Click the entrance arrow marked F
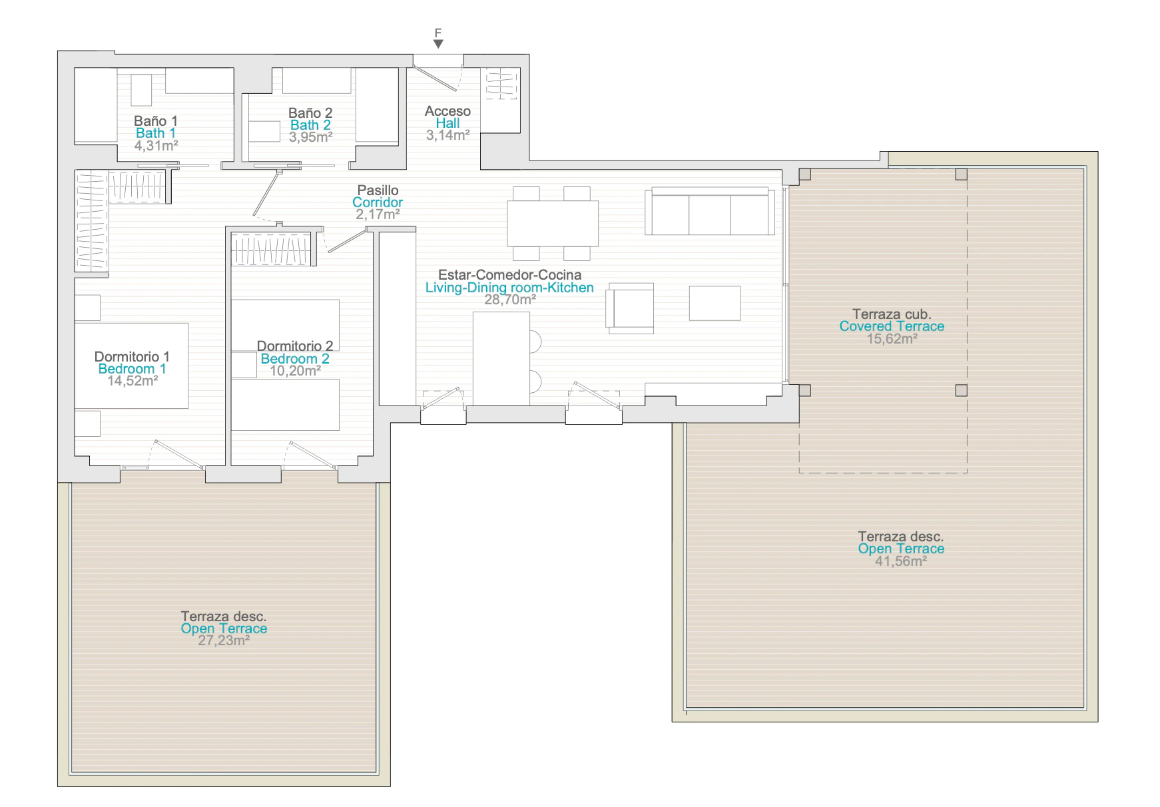click(x=438, y=44)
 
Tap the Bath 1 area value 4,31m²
click(x=156, y=145)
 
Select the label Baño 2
click(x=310, y=113)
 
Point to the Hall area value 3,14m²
click(x=448, y=134)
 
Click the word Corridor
click(x=378, y=202)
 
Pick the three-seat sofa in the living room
click(x=709, y=211)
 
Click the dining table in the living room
click(x=553, y=224)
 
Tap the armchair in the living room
click(x=630, y=308)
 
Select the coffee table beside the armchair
click(x=715, y=303)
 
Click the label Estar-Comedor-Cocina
click(x=509, y=275)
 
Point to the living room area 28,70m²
click(x=510, y=300)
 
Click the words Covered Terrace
click(x=892, y=326)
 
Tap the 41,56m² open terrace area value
click(x=901, y=561)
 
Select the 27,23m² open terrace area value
click(x=224, y=641)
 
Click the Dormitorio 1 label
click(x=132, y=356)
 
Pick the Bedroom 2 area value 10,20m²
click(x=295, y=371)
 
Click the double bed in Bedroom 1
click(x=131, y=366)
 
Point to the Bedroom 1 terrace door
click(x=178, y=455)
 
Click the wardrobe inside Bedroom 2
click(x=271, y=250)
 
